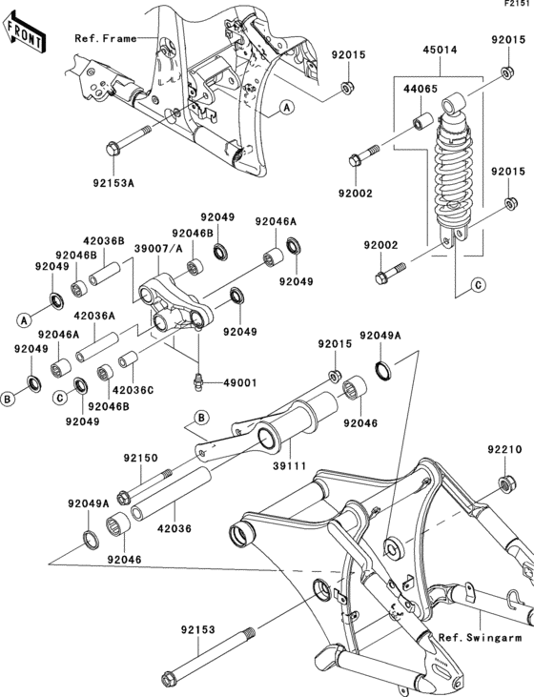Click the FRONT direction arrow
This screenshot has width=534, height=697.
tap(24, 33)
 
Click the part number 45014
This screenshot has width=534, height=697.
tap(440, 50)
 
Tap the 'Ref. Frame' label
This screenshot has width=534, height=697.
tap(106, 39)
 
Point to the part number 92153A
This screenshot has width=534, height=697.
tap(113, 183)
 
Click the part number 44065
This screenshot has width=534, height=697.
tap(421, 89)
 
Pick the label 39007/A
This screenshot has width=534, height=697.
tap(158, 249)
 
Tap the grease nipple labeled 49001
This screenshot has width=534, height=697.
tap(199, 382)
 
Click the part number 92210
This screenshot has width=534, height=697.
tap(504, 449)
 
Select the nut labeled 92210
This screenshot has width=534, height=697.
tap(506, 483)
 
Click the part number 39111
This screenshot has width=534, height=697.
tap(290, 465)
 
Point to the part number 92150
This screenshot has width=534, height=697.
tap(141, 458)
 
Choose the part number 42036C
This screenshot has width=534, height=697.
tap(133, 390)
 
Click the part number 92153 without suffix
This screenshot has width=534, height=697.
tap(197, 629)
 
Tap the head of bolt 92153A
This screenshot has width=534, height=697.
tap(113, 148)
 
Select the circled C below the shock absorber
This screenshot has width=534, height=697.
tap(478, 285)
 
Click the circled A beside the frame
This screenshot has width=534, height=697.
tap(287, 107)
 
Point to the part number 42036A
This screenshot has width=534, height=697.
tap(94, 316)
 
